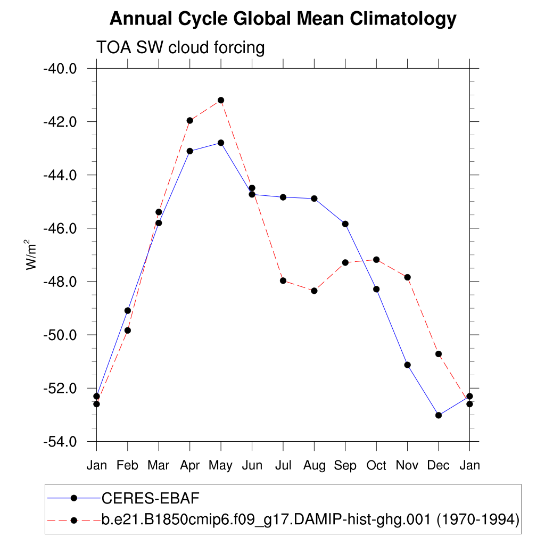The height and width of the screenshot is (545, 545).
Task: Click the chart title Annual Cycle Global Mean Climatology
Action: coord(283,19)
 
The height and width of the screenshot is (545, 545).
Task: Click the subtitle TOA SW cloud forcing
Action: coord(180,48)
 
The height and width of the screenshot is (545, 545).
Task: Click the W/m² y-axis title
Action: coord(32,255)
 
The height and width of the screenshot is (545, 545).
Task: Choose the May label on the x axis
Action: coord(220,466)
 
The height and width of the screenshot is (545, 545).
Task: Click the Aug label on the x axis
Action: coord(314,466)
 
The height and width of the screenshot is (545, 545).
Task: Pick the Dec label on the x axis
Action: coord(439,466)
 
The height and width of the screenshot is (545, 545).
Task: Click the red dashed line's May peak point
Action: coord(221,100)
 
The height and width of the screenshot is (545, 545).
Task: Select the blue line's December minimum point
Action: coord(439,415)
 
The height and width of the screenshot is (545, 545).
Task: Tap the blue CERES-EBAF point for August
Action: coord(314,199)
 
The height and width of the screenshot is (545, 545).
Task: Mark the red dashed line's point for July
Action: coord(283,280)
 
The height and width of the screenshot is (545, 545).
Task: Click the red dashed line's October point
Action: coord(376,259)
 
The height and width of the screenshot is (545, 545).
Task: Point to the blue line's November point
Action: coord(408,365)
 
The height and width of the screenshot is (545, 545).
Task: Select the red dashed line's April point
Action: coord(189,120)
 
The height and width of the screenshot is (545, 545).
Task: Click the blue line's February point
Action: coord(128,310)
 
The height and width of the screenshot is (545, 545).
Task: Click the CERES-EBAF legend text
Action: coord(150,498)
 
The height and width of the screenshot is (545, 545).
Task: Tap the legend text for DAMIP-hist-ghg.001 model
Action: coord(310,519)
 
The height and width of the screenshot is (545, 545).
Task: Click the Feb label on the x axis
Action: coord(128,466)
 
